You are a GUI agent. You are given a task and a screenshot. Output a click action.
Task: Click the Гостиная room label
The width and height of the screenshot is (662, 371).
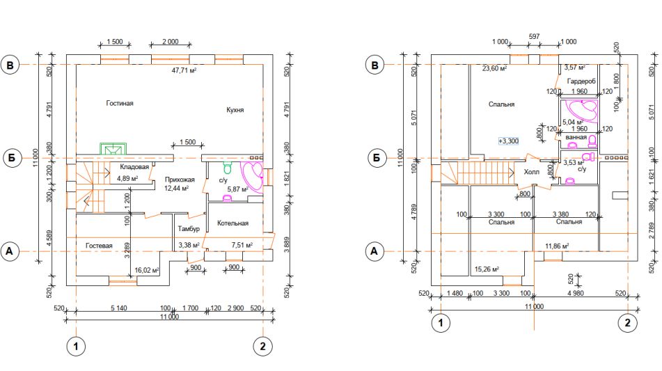[x=120, y=104]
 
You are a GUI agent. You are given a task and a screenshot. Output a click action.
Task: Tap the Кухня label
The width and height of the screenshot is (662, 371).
[x=235, y=110]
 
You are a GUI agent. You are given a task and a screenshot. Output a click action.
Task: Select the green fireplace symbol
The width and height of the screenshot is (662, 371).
[x=113, y=149]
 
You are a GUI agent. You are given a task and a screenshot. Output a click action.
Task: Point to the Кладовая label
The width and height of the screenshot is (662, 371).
[x=134, y=167]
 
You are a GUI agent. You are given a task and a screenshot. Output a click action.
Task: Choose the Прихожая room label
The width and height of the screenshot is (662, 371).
[x=180, y=180]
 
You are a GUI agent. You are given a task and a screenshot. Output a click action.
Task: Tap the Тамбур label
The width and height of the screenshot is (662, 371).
[x=189, y=229]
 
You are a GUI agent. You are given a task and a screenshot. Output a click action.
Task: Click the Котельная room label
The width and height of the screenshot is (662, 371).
[x=233, y=223]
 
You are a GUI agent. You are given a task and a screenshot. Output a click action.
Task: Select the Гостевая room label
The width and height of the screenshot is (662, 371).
[x=99, y=245]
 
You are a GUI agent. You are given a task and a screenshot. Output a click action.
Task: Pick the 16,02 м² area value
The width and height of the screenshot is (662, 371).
[x=146, y=270]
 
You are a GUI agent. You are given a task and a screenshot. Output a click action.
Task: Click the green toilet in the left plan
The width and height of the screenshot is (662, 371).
[x=228, y=168]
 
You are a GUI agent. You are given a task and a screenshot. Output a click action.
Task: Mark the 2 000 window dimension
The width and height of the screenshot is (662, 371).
[x=170, y=41]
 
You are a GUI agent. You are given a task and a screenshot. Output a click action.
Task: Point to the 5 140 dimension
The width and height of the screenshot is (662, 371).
[x=118, y=308]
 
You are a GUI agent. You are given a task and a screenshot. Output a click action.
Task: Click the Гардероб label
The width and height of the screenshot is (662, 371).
[x=581, y=81]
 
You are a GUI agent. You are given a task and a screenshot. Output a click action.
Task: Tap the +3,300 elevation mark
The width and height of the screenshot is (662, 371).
[x=508, y=141]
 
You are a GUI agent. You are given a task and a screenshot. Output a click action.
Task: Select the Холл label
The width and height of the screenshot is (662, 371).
[x=532, y=172]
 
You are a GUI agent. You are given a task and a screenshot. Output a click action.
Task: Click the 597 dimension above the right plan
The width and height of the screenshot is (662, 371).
[x=534, y=37]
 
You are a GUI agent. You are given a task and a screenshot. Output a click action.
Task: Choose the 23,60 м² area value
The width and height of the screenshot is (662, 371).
[x=494, y=68]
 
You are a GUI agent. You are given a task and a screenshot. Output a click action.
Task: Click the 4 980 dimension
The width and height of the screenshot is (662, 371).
[x=576, y=293]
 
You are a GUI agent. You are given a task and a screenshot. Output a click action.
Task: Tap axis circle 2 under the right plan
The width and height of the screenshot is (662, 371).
[x=627, y=323]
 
